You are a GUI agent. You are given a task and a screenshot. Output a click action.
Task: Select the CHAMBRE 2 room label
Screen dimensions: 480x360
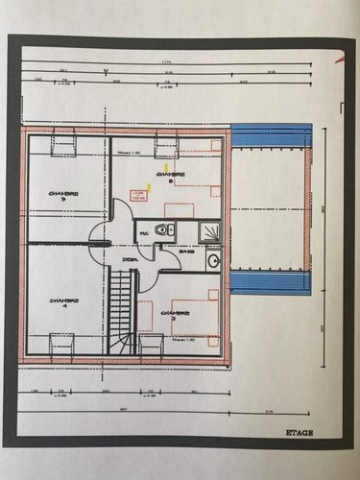click(176, 313)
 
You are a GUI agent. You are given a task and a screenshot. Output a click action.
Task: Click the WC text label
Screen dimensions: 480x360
click(143, 231)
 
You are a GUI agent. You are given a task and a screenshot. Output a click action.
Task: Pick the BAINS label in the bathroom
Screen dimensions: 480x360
click(185, 252)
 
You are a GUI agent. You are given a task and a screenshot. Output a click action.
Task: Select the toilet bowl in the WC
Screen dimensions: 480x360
click(165, 230)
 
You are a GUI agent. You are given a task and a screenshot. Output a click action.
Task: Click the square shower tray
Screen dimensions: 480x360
click(207, 230)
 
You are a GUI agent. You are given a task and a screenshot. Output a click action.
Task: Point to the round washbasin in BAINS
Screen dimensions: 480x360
click(213, 260)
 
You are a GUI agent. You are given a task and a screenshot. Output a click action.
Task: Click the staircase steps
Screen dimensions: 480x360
click(120, 307)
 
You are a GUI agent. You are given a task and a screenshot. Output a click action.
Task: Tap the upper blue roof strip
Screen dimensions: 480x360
click(273, 135)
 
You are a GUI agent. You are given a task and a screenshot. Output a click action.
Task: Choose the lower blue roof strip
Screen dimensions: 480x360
click(273, 281)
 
